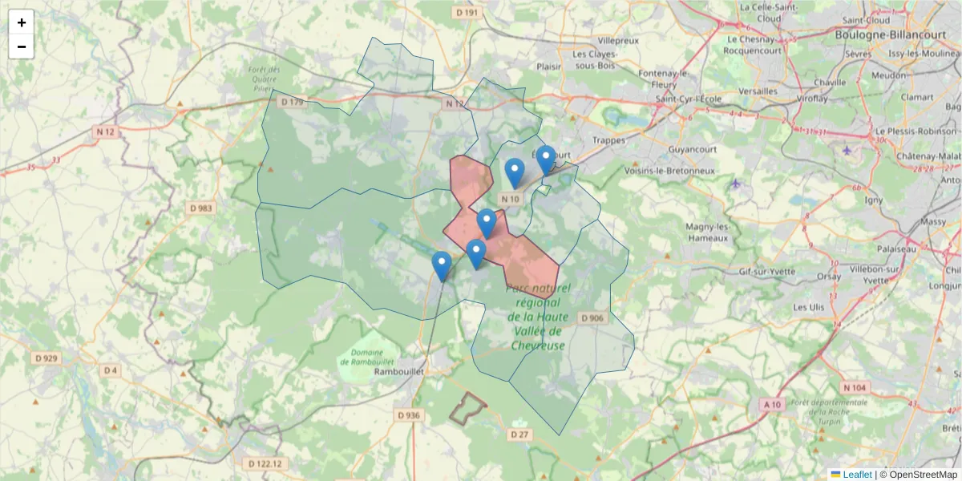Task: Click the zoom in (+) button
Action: (x=22, y=22)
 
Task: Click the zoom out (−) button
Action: (x=22, y=46)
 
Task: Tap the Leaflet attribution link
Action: (x=857, y=475)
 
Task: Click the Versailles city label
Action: (x=758, y=91)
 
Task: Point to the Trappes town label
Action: (x=608, y=140)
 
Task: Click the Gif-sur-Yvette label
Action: (x=767, y=271)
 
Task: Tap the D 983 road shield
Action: (x=201, y=208)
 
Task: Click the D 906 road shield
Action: (x=592, y=318)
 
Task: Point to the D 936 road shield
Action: (x=409, y=415)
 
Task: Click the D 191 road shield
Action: (x=466, y=13)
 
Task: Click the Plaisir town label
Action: (x=549, y=67)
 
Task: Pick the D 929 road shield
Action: (x=46, y=358)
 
